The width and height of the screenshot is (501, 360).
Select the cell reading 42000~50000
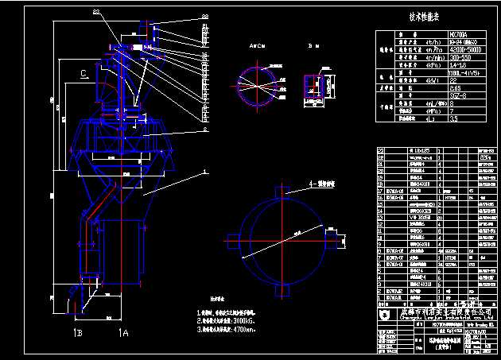tap(425, 49)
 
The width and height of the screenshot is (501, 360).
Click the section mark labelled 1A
tap(122, 331)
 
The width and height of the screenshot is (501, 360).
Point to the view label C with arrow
tap(83, 74)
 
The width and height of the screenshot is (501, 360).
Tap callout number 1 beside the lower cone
tap(205, 170)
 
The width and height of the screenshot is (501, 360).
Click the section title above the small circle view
tap(258, 48)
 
